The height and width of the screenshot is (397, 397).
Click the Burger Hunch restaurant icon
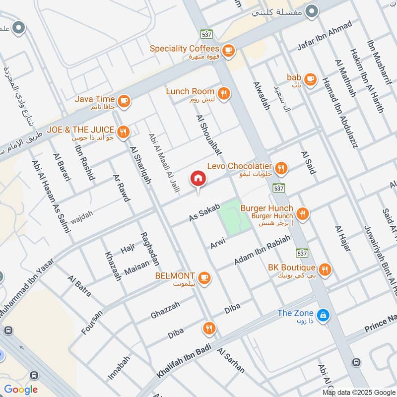point(302,214)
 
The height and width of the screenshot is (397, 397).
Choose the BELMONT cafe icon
point(204,277)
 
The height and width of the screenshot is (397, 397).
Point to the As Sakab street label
point(204,212)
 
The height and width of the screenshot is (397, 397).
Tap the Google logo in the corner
point(21,389)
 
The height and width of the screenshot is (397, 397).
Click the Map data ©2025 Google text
point(359,391)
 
